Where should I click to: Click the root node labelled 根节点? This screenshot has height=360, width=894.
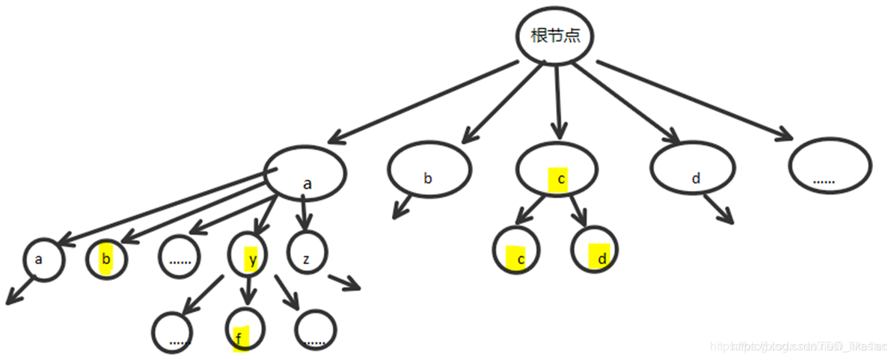point(555,35)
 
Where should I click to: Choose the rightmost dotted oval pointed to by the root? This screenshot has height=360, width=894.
point(830,169)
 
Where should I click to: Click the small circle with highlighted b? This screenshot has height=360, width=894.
point(106,259)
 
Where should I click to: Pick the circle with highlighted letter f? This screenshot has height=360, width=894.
point(245,329)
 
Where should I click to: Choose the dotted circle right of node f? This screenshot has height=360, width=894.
point(316,331)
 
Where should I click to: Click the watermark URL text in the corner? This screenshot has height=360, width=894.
point(797,347)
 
